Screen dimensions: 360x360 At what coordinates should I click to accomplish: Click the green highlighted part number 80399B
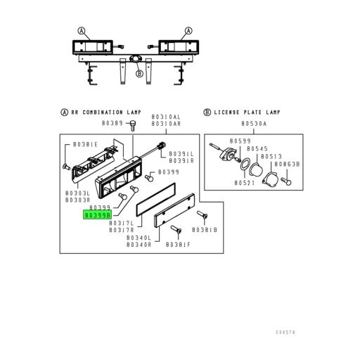click(x=97, y=214)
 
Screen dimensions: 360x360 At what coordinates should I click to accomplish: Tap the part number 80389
click(x=112, y=123)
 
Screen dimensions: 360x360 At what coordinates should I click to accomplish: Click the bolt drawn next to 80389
click(x=133, y=126)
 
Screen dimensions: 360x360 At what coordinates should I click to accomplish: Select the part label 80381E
click(x=85, y=144)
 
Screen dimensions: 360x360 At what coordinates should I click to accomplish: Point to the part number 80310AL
click(x=166, y=117)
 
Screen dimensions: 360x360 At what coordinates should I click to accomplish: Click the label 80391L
click(x=181, y=154)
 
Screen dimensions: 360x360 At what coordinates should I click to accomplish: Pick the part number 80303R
click(x=77, y=200)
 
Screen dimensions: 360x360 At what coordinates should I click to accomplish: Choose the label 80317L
click(x=122, y=223)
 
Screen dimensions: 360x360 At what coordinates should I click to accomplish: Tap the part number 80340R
click(x=139, y=245)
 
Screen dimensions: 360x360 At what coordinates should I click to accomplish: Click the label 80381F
click(x=178, y=245)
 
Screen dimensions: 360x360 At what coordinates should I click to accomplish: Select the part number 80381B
click(x=205, y=230)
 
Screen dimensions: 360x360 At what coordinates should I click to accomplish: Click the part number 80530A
click(x=254, y=124)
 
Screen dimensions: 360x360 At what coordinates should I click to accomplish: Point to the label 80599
click(x=240, y=141)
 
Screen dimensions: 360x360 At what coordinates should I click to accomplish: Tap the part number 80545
click(x=257, y=148)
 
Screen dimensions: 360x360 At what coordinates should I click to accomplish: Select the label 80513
click(x=271, y=156)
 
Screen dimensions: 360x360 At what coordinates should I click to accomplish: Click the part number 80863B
click(x=287, y=164)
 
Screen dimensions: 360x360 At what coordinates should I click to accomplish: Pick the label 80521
click(x=245, y=183)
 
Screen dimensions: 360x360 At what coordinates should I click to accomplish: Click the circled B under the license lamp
click(x=139, y=74)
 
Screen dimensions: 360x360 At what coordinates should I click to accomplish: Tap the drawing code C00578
click(x=285, y=333)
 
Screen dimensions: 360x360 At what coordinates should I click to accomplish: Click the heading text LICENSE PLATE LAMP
click(x=247, y=112)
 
